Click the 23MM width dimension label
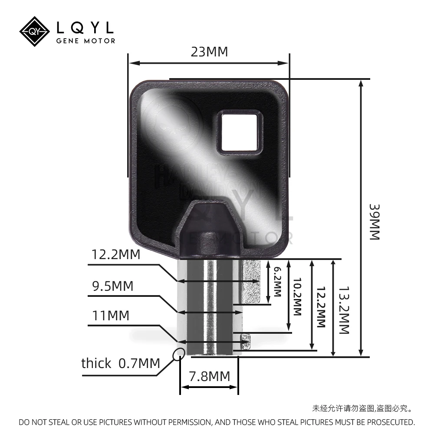coord(209,52)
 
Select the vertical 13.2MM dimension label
coord(344,309)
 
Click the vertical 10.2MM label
coord(297,297)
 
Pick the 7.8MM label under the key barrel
coord(209,376)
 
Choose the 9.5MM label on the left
coord(112,286)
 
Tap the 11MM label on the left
coord(111,316)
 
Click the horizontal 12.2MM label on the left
coord(116,255)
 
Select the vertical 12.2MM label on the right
coord(321,307)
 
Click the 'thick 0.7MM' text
coord(121,363)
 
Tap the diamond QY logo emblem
coord(35,31)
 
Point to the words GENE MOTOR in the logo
coord(86,41)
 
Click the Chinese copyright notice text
coord(362,408)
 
